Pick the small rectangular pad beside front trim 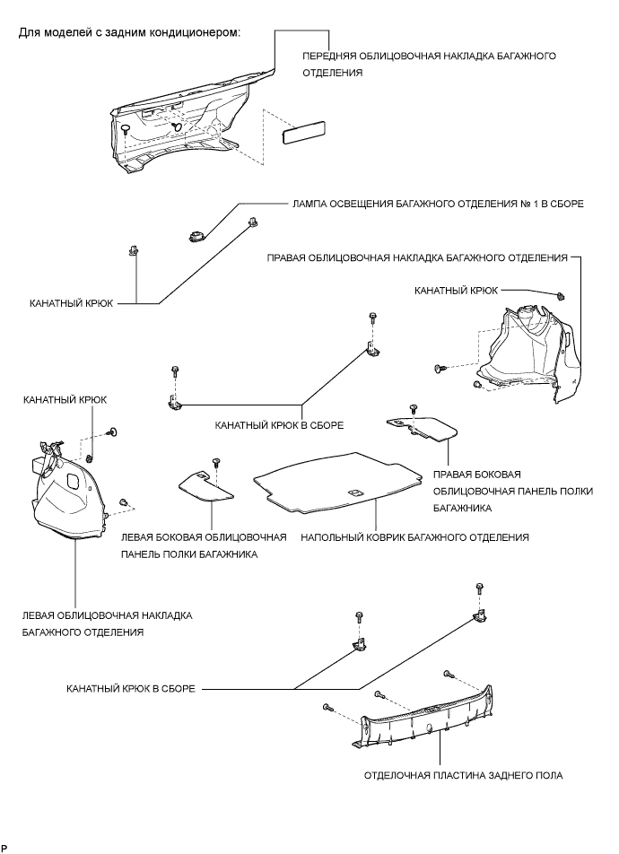tap(301, 135)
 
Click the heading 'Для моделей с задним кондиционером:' tap(131, 34)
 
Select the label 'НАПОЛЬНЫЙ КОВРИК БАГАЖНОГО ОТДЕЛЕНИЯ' tap(414, 537)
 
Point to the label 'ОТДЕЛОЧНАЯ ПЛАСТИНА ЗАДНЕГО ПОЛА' tap(463, 775)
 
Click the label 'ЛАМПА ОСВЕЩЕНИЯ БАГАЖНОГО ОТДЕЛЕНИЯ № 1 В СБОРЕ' tap(437, 204)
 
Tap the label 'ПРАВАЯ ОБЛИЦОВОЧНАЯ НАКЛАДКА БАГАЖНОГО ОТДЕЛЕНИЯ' tap(417, 257)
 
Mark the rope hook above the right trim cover tap(561, 295)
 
